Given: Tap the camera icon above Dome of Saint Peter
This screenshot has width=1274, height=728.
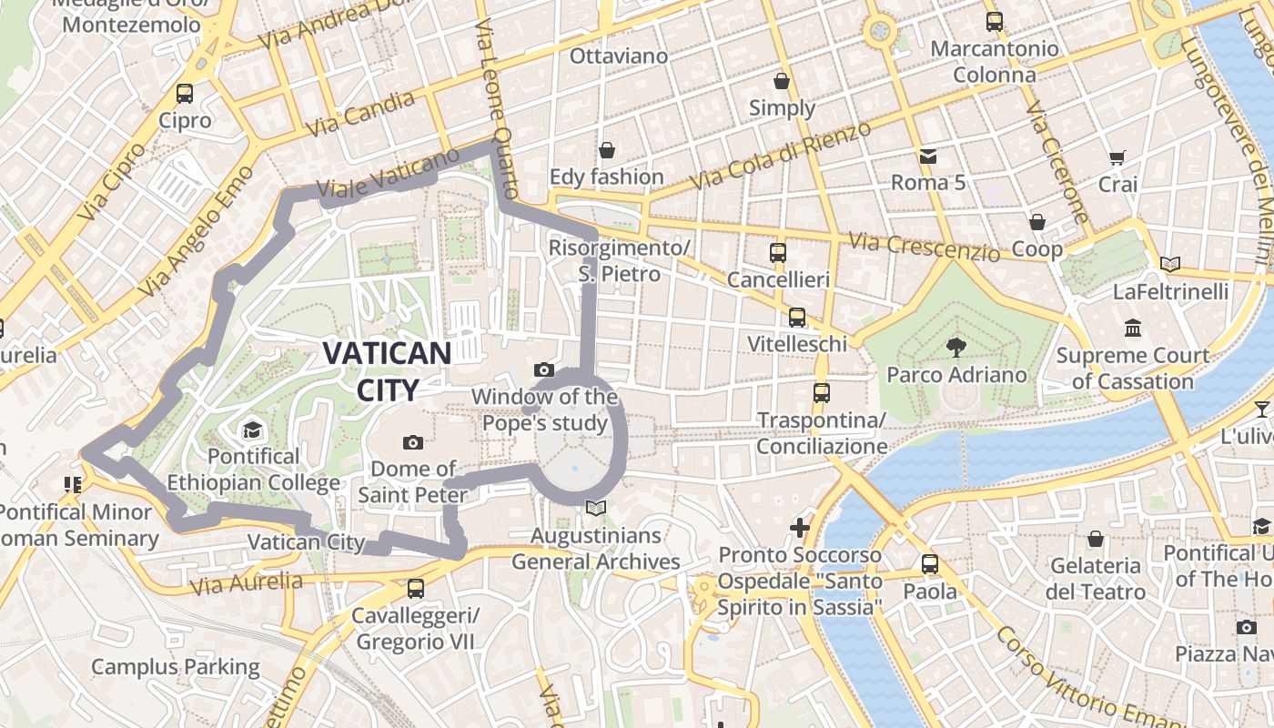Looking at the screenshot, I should coord(413,442).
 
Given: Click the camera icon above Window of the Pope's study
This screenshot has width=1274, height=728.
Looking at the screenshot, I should coord(544,369).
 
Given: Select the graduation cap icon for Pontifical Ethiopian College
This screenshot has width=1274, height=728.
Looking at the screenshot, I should coord(251,429).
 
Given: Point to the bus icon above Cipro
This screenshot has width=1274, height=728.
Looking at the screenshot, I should coord(185,93).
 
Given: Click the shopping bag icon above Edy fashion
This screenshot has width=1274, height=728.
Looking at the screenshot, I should coord(607,149).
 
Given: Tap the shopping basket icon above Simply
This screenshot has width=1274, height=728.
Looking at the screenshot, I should coord(782,81).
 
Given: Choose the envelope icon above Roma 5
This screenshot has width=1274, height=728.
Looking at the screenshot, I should coord(928,157).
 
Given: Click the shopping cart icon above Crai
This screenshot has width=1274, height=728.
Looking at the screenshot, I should coord(1117,157).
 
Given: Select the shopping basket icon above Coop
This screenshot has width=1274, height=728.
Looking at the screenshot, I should coord(1036,222).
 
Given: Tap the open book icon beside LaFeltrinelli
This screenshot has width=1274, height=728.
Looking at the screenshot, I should coord(1170,265).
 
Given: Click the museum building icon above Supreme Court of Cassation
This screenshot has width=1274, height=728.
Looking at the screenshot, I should coord(1133,328).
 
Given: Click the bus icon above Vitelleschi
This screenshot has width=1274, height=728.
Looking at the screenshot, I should coord(797,317).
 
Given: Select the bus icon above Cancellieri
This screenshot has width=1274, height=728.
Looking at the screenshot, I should coord(778,252).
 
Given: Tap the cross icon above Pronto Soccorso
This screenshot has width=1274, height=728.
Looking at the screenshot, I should coord(799,528).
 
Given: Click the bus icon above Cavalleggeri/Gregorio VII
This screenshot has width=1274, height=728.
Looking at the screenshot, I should coord(416,588).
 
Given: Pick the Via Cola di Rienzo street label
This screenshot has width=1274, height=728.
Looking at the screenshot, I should coord(780,156).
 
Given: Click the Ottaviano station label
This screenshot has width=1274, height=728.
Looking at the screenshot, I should coord(619,56).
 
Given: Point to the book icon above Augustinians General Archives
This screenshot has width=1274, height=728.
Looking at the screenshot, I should coord(596,508).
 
